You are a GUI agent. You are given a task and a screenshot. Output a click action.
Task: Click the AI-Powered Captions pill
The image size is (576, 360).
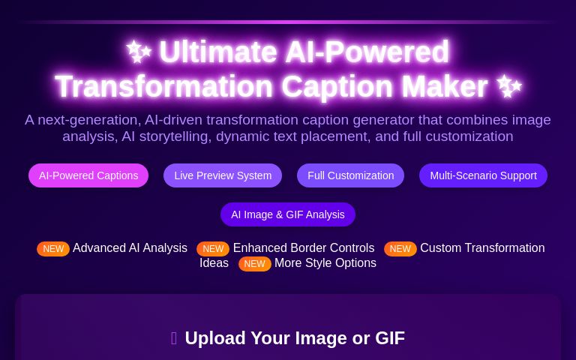[x=88, y=175]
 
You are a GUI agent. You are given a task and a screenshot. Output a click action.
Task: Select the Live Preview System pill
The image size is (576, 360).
[x=223, y=175]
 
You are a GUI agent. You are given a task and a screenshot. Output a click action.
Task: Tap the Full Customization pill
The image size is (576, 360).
[x=350, y=175]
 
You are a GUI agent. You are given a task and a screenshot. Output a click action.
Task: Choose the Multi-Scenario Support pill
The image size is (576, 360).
[x=483, y=175]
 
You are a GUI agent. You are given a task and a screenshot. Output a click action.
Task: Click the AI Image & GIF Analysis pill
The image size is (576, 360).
[x=288, y=214]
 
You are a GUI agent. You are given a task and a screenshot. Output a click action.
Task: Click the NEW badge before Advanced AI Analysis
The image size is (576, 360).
[x=53, y=249]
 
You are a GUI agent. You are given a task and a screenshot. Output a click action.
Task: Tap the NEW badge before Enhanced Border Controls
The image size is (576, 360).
[x=213, y=249]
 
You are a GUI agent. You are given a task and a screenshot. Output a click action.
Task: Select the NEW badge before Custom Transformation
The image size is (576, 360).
[x=400, y=249]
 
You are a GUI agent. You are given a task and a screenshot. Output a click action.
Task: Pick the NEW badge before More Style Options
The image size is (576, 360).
[x=254, y=264]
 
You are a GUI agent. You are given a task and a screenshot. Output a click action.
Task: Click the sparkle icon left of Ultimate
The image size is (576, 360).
[x=139, y=52]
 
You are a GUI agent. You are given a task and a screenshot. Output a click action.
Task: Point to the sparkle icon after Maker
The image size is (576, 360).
[x=509, y=86]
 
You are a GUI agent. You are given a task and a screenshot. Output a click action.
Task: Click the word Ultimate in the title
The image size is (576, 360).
[x=217, y=52]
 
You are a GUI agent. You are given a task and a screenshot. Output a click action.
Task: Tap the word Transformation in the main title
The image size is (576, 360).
[x=163, y=87]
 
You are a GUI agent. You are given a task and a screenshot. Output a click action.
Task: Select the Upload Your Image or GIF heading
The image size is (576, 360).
[x=294, y=338]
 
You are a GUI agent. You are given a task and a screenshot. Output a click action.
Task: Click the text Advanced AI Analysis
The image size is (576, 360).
[x=130, y=248]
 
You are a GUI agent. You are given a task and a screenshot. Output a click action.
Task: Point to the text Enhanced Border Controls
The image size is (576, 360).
[x=303, y=248]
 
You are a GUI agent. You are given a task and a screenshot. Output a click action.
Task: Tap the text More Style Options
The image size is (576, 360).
[x=325, y=263]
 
